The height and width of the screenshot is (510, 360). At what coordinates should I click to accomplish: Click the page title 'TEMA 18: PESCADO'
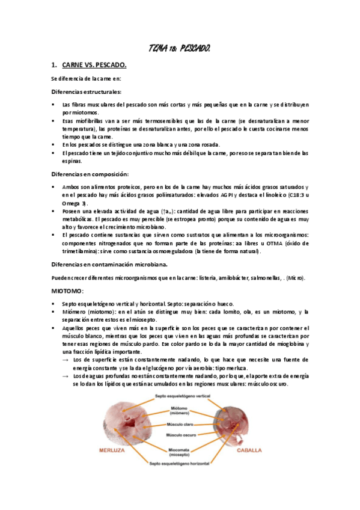point(179,48)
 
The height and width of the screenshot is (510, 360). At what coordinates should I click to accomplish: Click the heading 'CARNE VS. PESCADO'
point(94,65)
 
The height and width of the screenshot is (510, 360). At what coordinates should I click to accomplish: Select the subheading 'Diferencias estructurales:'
point(86,91)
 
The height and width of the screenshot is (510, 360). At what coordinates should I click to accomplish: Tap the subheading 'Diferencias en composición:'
point(90,174)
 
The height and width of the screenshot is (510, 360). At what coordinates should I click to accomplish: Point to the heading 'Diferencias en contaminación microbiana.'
point(109,264)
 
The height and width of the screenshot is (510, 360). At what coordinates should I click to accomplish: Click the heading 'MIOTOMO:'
point(68,290)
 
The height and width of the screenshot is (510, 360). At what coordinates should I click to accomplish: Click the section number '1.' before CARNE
point(53,65)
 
